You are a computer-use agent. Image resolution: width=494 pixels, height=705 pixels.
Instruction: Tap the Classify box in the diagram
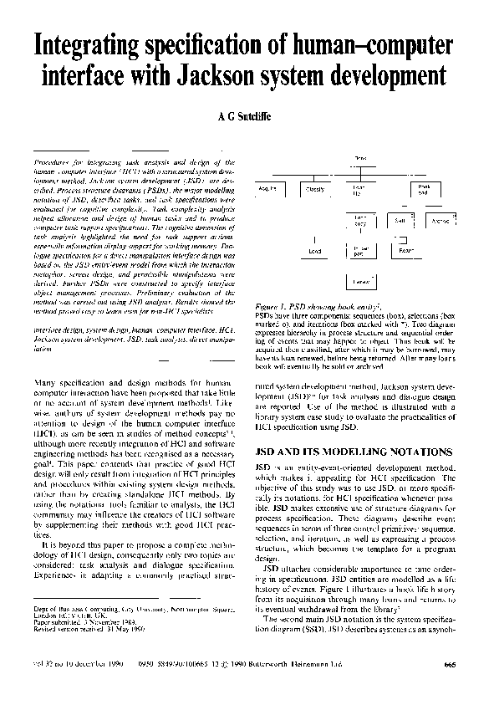(x=316, y=190)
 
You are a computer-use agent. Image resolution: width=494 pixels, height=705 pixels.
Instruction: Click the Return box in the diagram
(x=405, y=250)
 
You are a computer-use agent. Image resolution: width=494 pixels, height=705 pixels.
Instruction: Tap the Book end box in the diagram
(x=424, y=190)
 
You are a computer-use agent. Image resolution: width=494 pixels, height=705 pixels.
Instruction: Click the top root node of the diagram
(x=361, y=158)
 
